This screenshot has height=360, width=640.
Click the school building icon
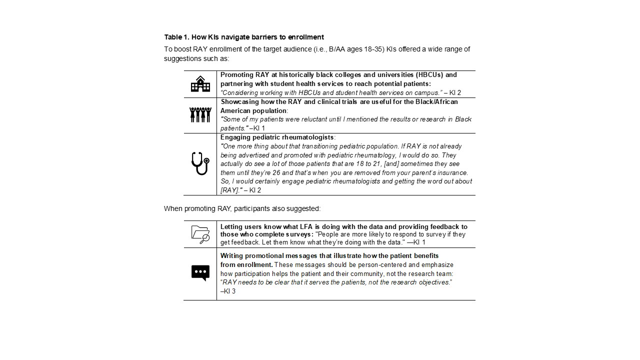[200, 84]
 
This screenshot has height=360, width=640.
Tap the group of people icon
[200, 114]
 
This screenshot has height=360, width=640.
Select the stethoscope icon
[200, 163]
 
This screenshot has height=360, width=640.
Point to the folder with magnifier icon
[200, 234]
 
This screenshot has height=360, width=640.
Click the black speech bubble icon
[200, 273]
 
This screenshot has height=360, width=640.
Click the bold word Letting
[231, 226]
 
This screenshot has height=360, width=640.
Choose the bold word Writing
[231, 255]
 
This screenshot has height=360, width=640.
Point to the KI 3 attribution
[229, 291]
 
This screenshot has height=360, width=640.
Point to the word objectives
[434, 282]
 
